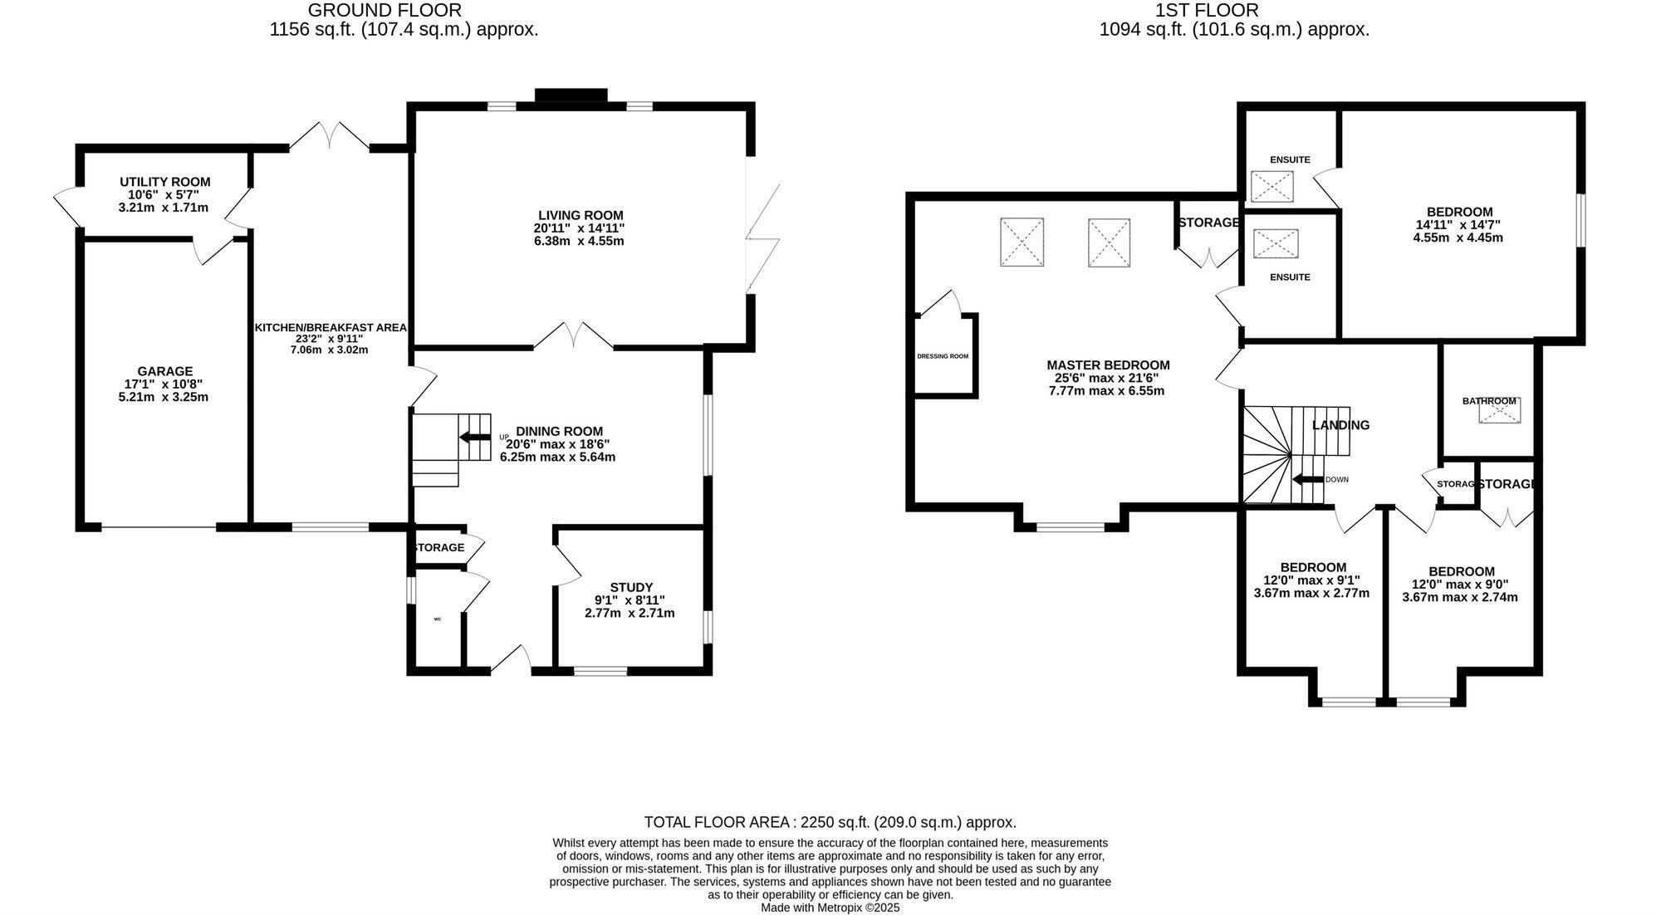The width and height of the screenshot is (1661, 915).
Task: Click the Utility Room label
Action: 164,182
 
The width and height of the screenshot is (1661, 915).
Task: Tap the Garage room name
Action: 165,371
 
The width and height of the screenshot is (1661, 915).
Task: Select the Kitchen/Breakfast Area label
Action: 331,328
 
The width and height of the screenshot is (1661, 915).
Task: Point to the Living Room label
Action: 580,215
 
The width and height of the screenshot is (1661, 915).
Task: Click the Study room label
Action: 631,587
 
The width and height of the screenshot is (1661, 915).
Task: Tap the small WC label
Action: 437,619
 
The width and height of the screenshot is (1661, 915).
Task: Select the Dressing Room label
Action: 943,356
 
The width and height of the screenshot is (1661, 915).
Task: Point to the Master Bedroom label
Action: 1108,365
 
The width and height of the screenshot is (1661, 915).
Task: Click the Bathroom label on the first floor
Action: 1489,401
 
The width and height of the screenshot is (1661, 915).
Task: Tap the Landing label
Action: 1340,425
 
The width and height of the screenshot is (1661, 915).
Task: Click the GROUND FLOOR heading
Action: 385,10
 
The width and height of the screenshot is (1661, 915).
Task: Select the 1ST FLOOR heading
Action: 1206,10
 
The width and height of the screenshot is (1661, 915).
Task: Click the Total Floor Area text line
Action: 830,822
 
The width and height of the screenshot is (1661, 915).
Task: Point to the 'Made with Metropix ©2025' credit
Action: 830,908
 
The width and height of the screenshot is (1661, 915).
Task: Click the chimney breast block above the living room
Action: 571,96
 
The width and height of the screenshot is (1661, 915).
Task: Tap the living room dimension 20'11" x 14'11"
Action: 579,228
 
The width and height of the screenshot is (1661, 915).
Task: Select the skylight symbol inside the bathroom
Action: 1499,412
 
